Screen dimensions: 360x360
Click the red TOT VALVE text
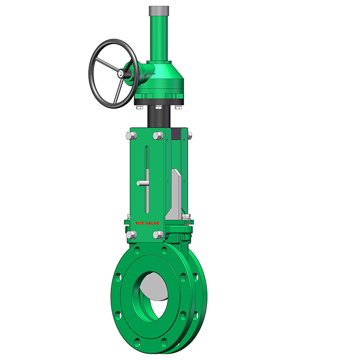(147, 223)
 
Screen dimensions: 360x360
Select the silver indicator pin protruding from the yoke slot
(142, 183)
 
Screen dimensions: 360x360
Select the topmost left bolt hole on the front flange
(137, 250)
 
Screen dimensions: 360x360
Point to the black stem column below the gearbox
(160, 118)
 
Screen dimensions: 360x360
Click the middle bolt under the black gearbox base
(158, 107)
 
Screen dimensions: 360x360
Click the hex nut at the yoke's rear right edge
(189, 135)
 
